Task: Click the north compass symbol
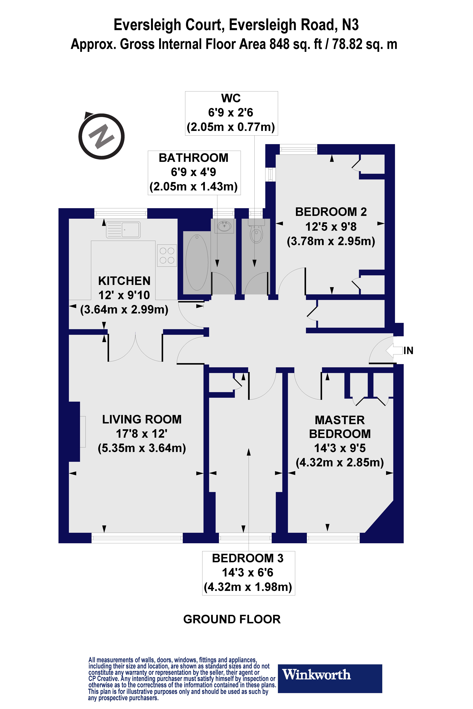click(x=101, y=136)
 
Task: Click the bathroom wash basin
click(x=224, y=226)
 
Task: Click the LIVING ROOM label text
click(x=142, y=419)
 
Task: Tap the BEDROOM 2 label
click(x=331, y=212)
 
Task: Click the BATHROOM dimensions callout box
click(x=194, y=173)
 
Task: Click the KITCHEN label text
click(x=124, y=281)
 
